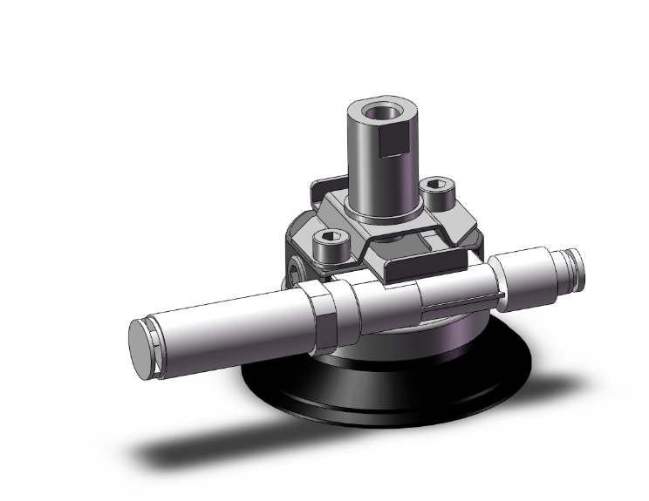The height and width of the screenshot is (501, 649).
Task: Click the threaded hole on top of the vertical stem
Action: tap(380, 112)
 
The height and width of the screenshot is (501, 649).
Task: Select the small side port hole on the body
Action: tap(296, 267)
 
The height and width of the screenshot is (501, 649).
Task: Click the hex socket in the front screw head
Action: tap(331, 236)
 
